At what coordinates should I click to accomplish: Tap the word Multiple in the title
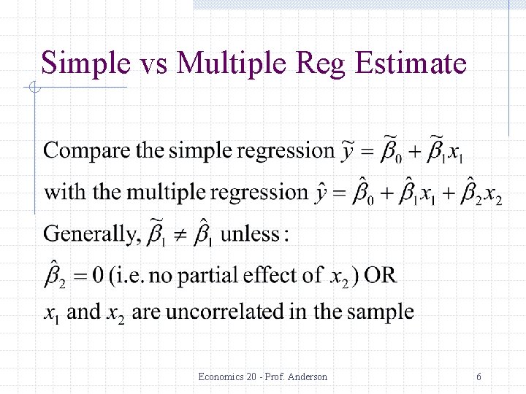point(232,63)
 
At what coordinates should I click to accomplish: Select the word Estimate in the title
point(411,63)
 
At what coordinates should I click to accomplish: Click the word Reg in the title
point(322,63)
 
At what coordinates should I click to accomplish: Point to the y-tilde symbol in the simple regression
point(349,152)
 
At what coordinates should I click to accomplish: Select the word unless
point(251,234)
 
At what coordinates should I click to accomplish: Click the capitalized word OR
point(381,275)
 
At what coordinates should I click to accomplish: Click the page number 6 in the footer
point(479,377)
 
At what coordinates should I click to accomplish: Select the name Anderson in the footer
point(307,377)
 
